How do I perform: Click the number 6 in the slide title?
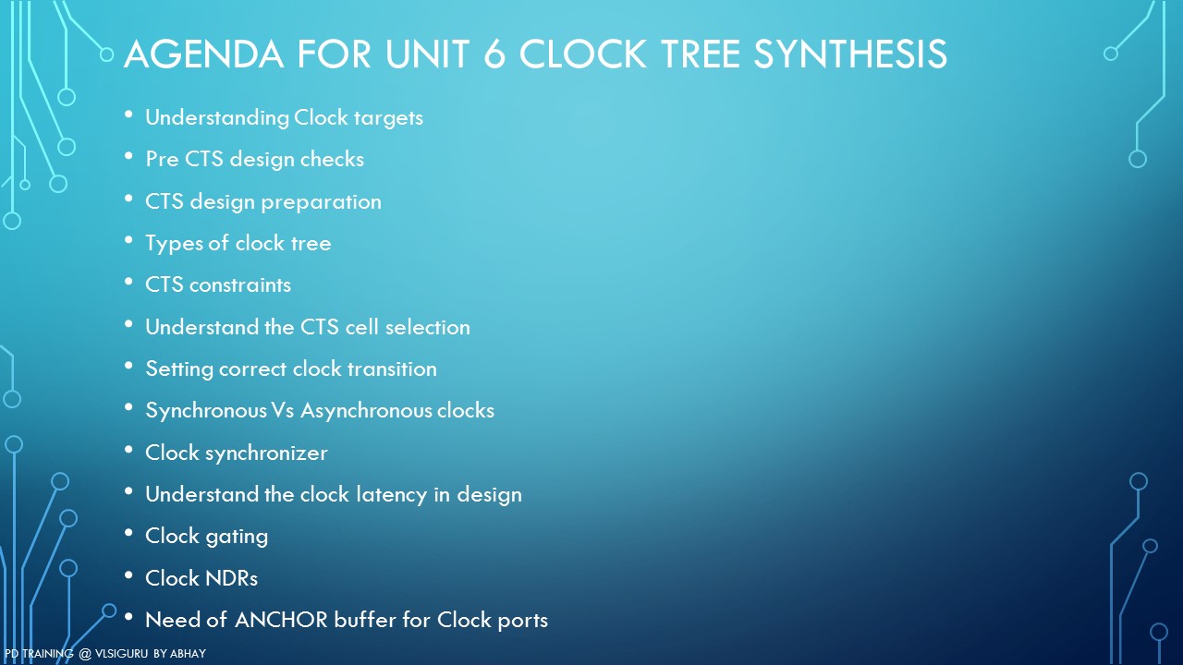[494, 54]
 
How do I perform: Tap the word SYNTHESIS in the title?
[849, 54]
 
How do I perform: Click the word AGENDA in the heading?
[203, 54]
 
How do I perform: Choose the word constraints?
[239, 285]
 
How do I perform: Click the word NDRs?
[231, 578]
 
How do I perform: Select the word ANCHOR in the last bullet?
[281, 620]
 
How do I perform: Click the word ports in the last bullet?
[522, 622]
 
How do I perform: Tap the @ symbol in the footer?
[84, 654]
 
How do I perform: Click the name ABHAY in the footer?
[188, 653]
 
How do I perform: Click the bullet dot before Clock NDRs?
[128, 574]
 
